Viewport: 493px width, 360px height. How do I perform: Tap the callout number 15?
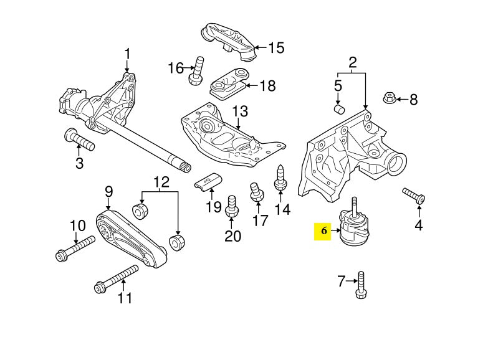click(275, 47)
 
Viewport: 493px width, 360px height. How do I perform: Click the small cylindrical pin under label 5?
click(340, 110)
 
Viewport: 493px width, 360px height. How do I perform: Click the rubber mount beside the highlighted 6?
click(353, 229)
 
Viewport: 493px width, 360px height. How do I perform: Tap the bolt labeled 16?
click(198, 70)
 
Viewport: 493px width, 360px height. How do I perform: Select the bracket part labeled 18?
click(227, 83)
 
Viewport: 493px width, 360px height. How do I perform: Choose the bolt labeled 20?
click(232, 206)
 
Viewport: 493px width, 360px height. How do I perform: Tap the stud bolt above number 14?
click(280, 176)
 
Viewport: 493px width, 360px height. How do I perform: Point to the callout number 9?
click(108, 191)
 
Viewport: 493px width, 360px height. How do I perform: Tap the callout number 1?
click(128, 55)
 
